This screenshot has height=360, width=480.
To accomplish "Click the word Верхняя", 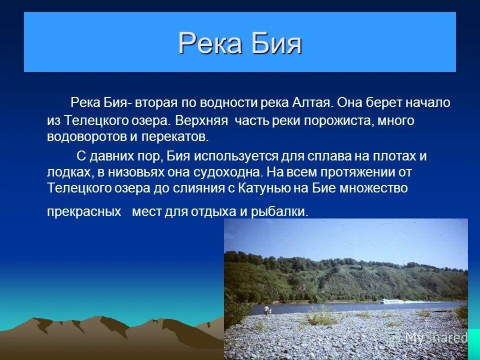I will point(202,121).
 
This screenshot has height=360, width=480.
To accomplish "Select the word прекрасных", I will point(84,211).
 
